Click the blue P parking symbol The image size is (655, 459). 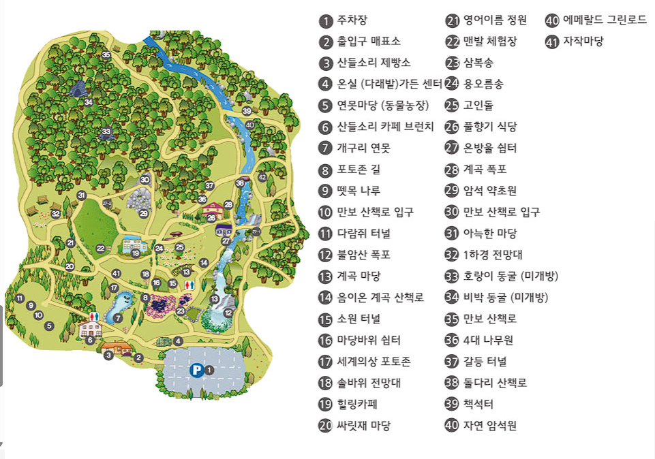pyautogui.click(x=196, y=370)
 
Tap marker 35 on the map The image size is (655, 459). pyautogui.click(x=106, y=54)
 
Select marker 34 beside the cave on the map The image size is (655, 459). pyautogui.click(x=89, y=102)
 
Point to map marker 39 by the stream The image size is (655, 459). pyautogui.click(x=247, y=111)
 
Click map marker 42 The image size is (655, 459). pyautogui.click(x=262, y=177)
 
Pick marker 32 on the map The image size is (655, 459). pyautogui.click(x=56, y=214)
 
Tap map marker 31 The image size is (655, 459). pyautogui.click(x=82, y=195)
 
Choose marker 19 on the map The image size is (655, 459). pyautogui.click(x=136, y=253)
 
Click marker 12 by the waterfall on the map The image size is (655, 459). pyautogui.click(x=228, y=313)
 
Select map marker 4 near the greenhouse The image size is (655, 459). pyautogui.click(x=178, y=341)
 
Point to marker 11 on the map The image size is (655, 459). pyautogui.click(x=20, y=298)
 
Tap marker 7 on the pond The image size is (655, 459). pyautogui.click(x=118, y=317)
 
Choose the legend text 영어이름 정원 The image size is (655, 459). pyautogui.click(x=490, y=20)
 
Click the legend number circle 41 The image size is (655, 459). pyautogui.click(x=552, y=42)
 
